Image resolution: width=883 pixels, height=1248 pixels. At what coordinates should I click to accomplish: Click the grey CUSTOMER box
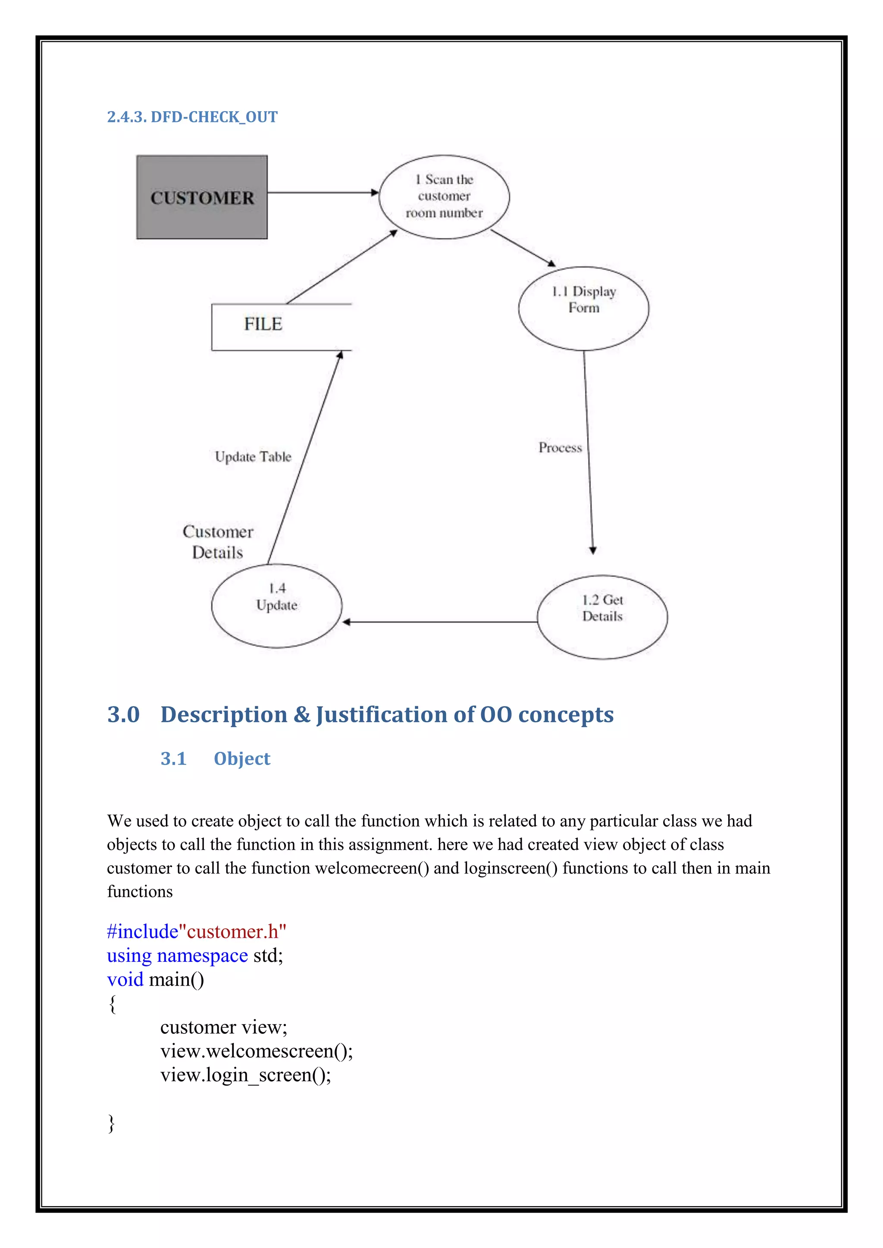202,197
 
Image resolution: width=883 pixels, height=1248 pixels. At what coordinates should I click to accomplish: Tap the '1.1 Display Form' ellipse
583,308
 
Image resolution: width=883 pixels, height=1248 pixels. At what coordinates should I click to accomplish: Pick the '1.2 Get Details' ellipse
602,617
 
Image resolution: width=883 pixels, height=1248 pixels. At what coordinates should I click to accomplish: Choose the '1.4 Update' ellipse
276,605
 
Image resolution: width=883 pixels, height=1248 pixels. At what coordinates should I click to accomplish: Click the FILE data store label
263,324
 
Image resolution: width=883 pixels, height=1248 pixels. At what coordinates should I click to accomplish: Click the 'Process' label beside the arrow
560,448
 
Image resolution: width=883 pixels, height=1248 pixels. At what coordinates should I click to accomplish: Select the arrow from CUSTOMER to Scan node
323,193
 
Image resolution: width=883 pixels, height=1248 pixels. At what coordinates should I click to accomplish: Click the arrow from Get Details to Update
439,622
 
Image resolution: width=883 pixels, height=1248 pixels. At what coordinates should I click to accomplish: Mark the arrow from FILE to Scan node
341,267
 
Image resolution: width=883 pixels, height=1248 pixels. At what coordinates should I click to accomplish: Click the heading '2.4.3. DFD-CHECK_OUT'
192,117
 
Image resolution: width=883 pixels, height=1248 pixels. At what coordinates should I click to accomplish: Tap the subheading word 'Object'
241,758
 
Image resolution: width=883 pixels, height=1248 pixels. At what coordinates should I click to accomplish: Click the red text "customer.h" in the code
236,932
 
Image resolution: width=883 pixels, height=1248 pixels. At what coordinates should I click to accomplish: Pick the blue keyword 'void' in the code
125,980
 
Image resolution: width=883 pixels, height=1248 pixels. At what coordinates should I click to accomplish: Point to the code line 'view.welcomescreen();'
256,1051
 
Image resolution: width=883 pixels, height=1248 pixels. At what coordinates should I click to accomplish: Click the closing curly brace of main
112,1123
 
